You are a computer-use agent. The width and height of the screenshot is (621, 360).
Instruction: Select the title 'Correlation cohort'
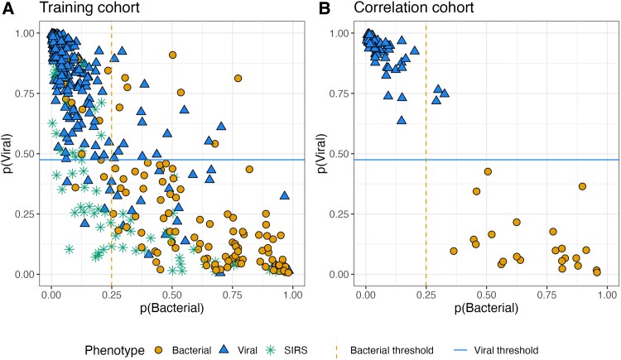tap(402, 10)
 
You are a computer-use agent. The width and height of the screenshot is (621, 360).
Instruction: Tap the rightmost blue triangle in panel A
tap(284, 196)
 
